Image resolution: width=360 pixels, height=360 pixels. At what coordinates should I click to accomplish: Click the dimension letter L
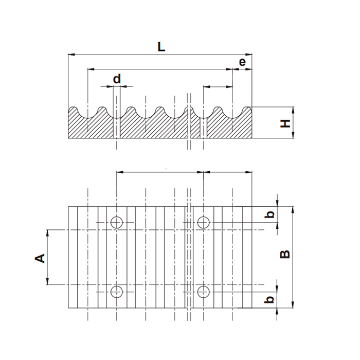(x=161, y=47)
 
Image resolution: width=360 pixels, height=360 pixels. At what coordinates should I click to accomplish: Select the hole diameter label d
(x=117, y=79)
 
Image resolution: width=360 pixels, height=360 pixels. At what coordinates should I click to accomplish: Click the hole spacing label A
(x=40, y=257)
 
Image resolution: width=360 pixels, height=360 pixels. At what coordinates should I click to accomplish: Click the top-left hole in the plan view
(x=117, y=222)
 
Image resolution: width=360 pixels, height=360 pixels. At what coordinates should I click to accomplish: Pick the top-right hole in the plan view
(x=204, y=222)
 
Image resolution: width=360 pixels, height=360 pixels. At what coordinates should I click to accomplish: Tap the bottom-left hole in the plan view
(x=117, y=292)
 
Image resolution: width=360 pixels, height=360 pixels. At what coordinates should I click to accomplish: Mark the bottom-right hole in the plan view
(x=204, y=292)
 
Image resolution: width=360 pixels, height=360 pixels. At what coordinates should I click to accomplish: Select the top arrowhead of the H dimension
(x=293, y=109)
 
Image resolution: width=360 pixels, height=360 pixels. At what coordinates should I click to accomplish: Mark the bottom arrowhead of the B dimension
(x=293, y=304)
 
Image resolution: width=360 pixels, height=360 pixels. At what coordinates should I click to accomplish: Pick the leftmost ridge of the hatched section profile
(x=74, y=109)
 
